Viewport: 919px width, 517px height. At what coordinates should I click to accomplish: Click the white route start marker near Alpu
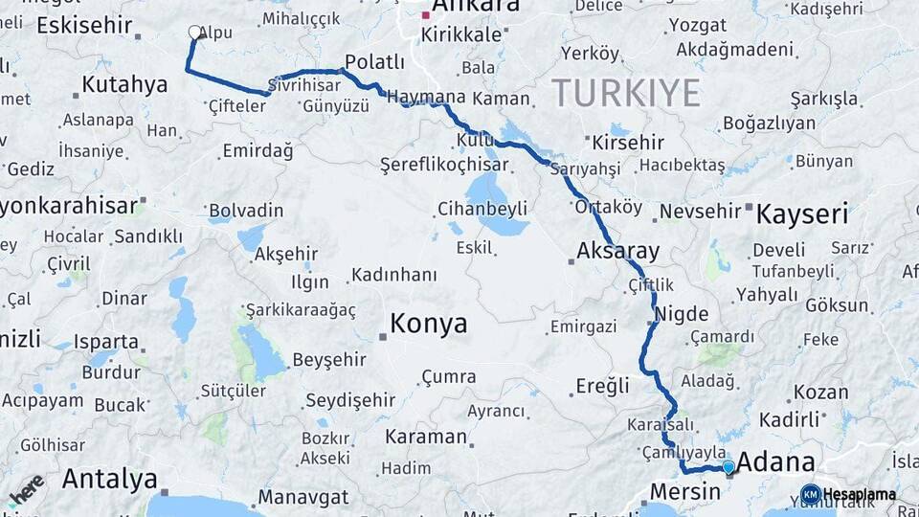click(195, 33)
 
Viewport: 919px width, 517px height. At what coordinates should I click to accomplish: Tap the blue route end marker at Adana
click(728, 467)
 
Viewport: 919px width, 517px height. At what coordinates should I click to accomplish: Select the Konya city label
click(429, 324)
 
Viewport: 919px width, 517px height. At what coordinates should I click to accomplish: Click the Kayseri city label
click(801, 214)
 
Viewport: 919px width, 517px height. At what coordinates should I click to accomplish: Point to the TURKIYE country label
click(626, 94)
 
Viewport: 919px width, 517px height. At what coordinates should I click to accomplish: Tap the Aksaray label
click(618, 252)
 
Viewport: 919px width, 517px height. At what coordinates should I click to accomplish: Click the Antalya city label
click(109, 479)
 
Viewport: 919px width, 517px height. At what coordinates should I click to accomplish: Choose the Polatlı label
click(374, 62)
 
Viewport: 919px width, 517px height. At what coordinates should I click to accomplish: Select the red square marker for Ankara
click(426, 15)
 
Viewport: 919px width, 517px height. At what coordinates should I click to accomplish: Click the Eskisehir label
click(83, 25)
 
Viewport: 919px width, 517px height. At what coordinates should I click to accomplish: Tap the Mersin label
click(684, 492)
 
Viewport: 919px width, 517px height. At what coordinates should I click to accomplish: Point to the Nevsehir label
click(701, 211)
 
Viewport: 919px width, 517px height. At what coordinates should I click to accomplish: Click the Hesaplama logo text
click(860, 495)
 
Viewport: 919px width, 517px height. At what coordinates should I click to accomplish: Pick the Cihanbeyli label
click(482, 208)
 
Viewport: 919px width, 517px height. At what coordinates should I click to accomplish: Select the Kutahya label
click(124, 84)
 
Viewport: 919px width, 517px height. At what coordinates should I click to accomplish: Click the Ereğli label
click(603, 386)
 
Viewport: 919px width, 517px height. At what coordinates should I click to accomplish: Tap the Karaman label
click(425, 437)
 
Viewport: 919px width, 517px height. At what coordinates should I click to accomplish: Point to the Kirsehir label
click(628, 143)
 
